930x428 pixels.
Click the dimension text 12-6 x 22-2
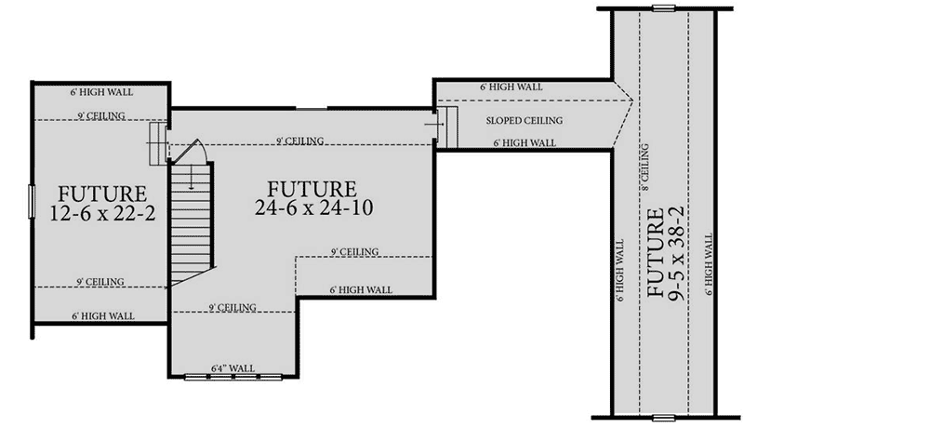(103, 213)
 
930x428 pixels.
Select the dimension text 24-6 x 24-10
(314, 207)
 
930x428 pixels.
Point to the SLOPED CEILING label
(525, 121)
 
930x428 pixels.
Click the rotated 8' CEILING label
(644, 167)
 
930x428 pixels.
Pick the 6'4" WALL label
(233, 368)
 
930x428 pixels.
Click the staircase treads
(192, 222)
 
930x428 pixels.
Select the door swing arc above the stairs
(194, 149)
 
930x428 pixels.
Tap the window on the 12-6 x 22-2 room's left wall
(32, 201)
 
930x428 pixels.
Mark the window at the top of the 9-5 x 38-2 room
(664, 8)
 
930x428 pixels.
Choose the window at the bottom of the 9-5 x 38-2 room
(664, 418)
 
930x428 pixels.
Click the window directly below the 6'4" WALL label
(233, 376)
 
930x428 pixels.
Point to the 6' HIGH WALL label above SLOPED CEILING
(511, 87)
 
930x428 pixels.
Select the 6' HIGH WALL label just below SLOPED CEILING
(525, 143)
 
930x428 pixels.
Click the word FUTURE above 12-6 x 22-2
(102, 194)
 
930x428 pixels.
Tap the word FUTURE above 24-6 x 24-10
(312, 190)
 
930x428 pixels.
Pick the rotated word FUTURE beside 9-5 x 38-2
(656, 253)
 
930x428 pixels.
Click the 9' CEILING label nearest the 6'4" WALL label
(232, 307)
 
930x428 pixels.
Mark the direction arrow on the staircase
(191, 176)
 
